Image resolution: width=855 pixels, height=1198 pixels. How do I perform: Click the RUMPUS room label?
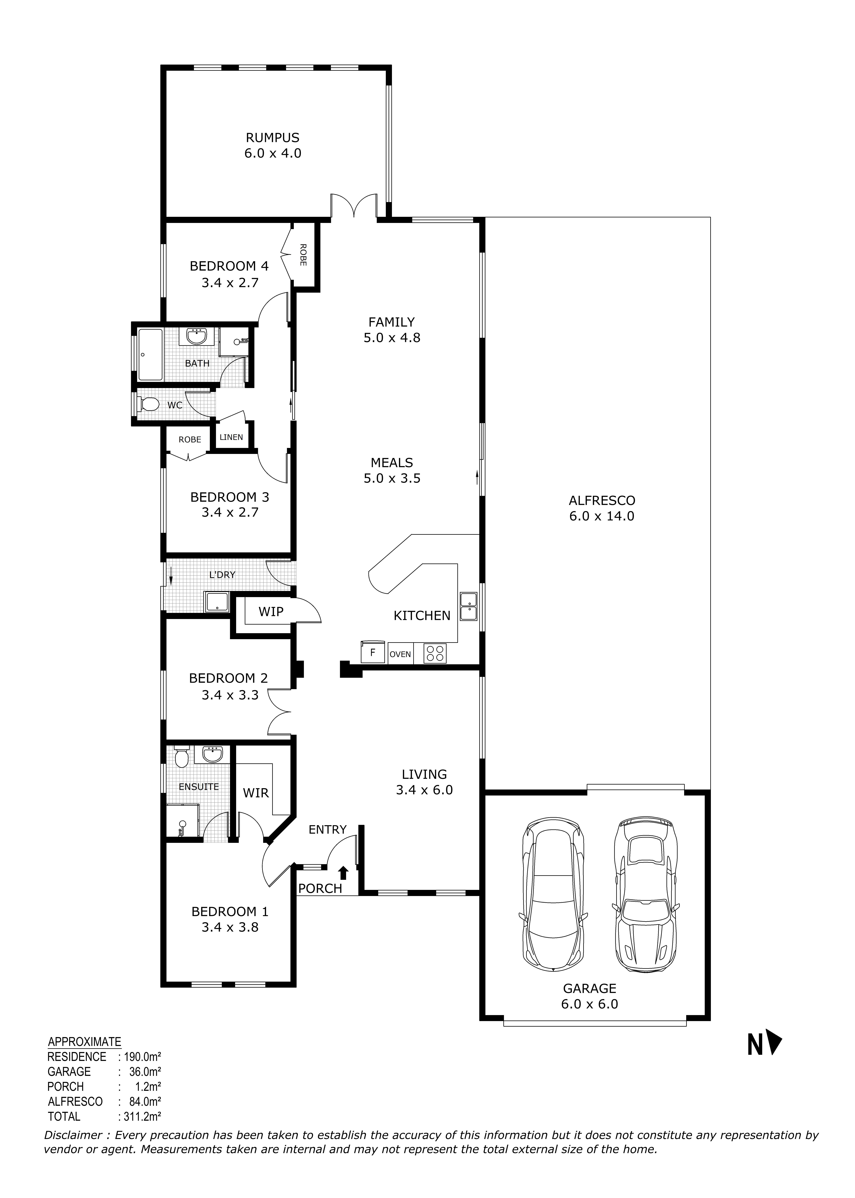273,138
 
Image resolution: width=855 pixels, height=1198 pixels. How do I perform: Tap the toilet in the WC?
149,404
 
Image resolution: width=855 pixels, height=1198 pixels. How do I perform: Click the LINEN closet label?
231,437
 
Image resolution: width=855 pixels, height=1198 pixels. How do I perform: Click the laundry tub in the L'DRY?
217,602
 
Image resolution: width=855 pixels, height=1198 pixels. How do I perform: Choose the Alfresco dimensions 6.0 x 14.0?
602,516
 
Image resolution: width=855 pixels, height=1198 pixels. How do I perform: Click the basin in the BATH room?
196,336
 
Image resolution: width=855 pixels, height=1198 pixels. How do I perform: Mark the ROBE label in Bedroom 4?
303,254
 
